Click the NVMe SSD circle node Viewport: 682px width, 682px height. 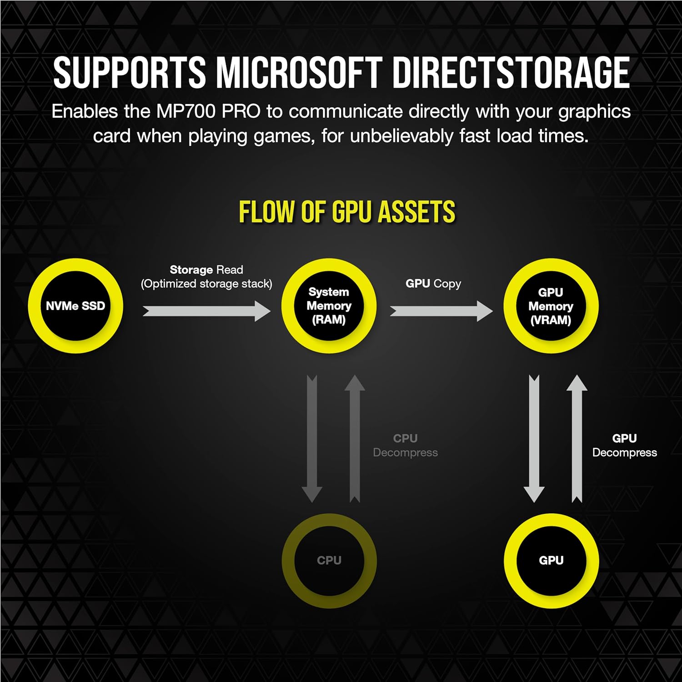coord(75,306)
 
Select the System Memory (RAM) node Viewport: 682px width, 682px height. coord(329,306)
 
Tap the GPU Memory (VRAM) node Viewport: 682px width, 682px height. coord(551,306)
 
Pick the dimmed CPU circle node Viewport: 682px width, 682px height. coord(329,560)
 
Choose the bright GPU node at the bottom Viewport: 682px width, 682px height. coord(551,560)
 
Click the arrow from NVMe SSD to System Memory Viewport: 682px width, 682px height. coord(207,311)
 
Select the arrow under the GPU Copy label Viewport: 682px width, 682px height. coord(441,311)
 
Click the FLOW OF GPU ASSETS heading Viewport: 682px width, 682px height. coord(347,212)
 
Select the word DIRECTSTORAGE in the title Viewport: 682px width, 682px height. coord(511,73)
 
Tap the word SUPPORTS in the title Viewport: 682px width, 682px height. coord(130,73)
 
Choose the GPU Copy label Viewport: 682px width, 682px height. coord(433,284)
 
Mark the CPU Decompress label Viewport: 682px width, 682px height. coord(405,446)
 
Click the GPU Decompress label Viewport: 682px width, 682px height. coord(624,446)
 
